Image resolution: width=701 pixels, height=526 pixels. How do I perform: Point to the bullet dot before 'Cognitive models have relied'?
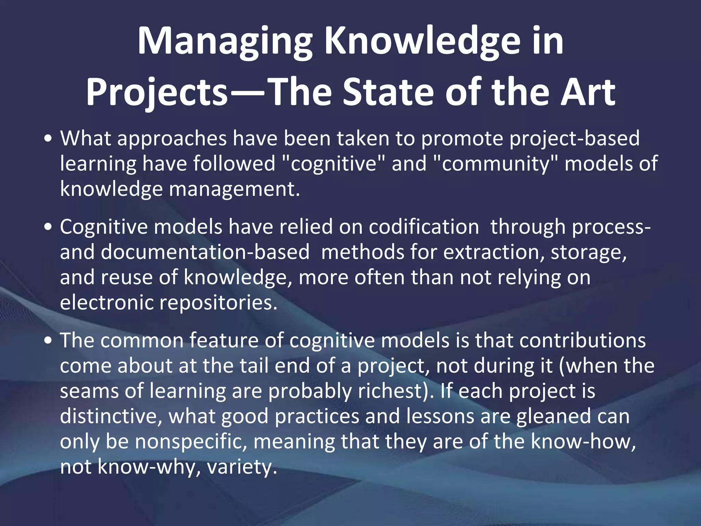(x=49, y=227)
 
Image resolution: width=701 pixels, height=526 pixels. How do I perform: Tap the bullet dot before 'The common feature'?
(x=49, y=341)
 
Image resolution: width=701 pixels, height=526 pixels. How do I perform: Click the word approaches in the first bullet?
(x=172, y=139)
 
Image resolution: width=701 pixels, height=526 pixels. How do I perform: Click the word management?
(x=234, y=189)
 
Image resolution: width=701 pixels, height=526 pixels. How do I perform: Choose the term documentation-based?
(x=205, y=253)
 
